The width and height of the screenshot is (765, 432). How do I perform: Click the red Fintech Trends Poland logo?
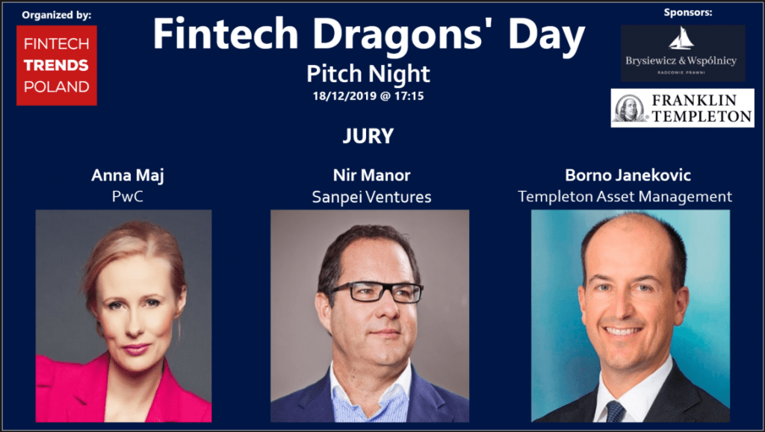pyautogui.click(x=57, y=65)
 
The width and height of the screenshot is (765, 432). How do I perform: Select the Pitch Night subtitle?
pyautogui.click(x=368, y=74)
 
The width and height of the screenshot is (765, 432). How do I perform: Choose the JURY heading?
pyautogui.click(x=368, y=136)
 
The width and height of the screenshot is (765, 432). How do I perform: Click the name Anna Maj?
pyautogui.click(x=127, y=175)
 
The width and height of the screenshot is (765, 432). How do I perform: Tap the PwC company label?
pyautogui.click(x=127, y=196)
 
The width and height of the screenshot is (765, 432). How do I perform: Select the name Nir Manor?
pyautogui.click(x=371, y=175)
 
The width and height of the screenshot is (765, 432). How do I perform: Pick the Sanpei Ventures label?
pyautogui.click(x=371, y=197)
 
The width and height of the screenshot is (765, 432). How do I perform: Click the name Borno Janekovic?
pyautogui.click(x=628, y=175)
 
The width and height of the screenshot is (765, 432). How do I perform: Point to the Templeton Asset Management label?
pyautogui.click(x=625, y=197)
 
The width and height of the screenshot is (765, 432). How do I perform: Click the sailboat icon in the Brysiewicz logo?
pyautogui.click(x=681, y=39)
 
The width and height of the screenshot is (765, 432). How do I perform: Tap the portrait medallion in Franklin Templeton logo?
pyautogui.click(x=629, y=107)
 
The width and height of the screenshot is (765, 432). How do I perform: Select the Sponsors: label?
pyautogui.click(x=688, y=13)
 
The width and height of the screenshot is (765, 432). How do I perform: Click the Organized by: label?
pyautogui.click(x=57, y=15)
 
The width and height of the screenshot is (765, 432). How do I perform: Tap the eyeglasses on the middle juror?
pyautogui.click(x=376, y=292)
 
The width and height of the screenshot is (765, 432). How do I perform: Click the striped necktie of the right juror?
pyautogui.click(x=616, y=411)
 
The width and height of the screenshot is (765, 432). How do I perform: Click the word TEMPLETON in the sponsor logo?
pyautogui.click(x=701, y=116)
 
